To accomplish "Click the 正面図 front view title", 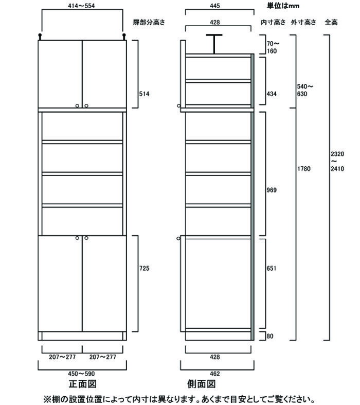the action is pos(83,384).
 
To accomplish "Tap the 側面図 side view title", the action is pos(201,384).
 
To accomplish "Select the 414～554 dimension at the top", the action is pos(81,6).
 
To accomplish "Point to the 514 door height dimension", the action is pos(145,94).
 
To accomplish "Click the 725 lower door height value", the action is pos(145,268).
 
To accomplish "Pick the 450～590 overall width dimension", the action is pos(81,374).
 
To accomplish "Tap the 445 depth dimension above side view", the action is pos(214,6).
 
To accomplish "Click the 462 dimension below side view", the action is pos(214,374).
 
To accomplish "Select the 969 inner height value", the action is pos(272,190).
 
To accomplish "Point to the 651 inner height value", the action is pos(272,268).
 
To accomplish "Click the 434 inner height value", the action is pos(272,94).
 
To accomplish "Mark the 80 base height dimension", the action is pos(269,336).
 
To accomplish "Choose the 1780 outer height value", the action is pos(304,169).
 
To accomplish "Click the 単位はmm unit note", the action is pos(283,6).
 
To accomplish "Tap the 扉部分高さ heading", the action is pos(149,22).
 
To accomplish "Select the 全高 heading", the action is pos(331,22).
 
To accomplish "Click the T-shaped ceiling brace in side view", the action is pos(214,44).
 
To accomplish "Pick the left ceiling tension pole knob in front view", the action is pos(40,36).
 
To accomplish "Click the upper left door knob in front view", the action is pos(77,105).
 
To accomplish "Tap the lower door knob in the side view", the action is pos(178,238).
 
